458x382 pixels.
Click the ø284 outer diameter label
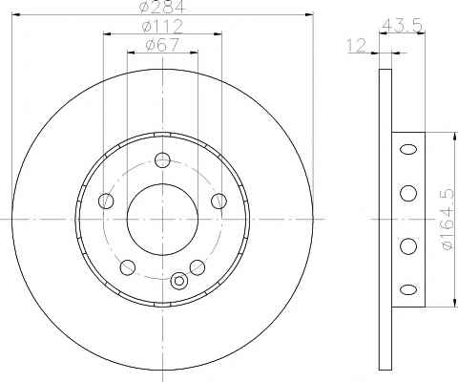[x=162, y=7]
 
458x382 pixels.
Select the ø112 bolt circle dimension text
[x=162, y=26]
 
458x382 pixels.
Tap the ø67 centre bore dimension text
[x=162, y=44]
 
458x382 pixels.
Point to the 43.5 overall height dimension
[x=402, y=26]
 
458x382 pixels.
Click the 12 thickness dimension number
[x=357, y=46]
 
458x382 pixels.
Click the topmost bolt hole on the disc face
[x=162, y=159]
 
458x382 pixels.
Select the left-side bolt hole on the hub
[x=106, y=201]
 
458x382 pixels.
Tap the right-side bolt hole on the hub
[x=219, y=201]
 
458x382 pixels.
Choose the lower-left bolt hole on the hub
[x=128, y=267]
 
